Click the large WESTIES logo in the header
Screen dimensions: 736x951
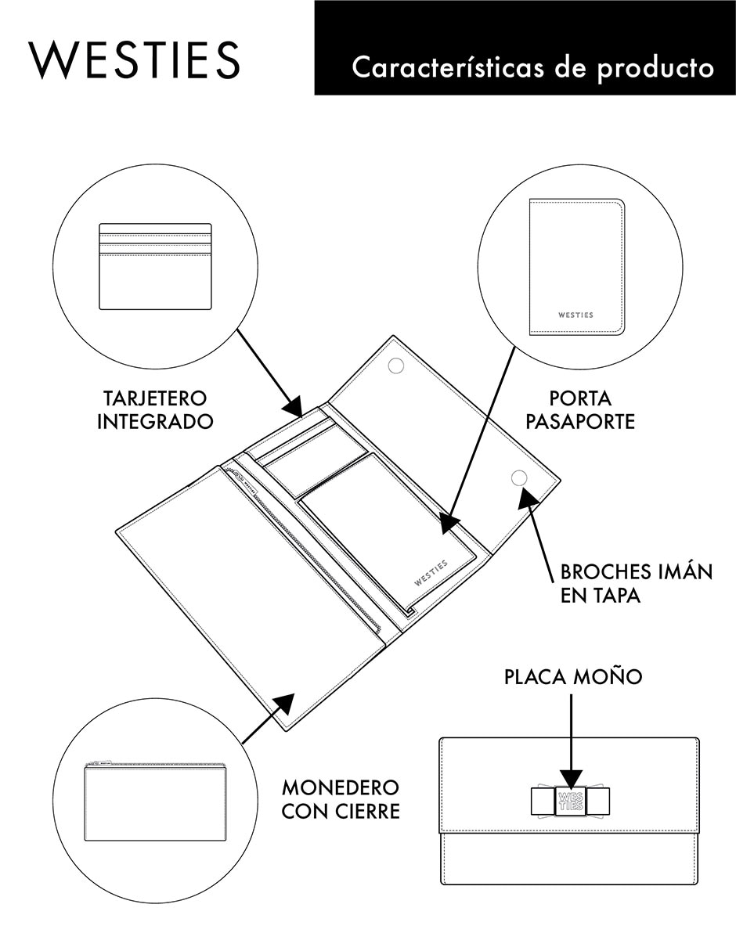pos(135,60)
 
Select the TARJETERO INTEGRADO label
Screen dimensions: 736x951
pos(155,410)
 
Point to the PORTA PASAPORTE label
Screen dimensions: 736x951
pos(579,410)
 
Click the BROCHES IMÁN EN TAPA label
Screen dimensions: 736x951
pos(637,583)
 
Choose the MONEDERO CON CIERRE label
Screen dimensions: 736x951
pos(341,800)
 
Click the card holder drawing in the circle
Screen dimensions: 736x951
pos(155,267)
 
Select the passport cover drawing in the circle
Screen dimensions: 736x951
pos(577,267)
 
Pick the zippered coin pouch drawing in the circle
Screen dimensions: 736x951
pos(155,801)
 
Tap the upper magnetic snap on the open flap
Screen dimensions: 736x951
pos(396,366)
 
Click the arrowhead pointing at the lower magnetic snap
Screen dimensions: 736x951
pos(529,499)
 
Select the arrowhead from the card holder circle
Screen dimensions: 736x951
pos(293,405)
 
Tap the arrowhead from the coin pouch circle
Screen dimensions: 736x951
pos(283,705)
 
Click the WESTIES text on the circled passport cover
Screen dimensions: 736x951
pos(575,315)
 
